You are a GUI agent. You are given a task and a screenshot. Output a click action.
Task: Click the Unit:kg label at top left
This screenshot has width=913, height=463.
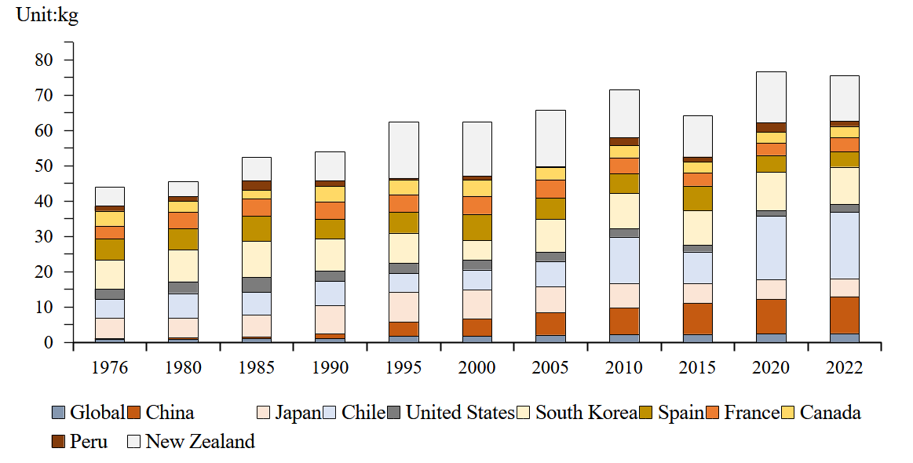tap(47, 16)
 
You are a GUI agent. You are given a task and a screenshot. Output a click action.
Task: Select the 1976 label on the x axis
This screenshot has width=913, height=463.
tap(109, 368)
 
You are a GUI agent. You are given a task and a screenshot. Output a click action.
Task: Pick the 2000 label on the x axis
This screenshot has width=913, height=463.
tap(477, 368)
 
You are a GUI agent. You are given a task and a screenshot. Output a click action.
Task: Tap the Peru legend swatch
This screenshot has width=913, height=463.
tap(58, 442)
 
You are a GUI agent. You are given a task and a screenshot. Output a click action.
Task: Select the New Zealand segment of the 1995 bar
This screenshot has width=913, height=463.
tap(404, 150)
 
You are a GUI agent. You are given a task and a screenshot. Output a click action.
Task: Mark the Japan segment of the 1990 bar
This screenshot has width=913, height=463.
tap(330, 319)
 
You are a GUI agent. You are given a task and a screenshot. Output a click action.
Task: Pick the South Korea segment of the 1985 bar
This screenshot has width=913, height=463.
tap(257, 259)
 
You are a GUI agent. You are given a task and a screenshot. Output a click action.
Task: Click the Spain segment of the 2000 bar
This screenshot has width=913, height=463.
tap(477, 227)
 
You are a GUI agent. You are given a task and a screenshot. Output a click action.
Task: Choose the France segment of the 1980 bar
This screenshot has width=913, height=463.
tap(183, 220)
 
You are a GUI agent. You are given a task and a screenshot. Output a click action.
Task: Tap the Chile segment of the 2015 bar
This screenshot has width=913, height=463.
tap(697, 268)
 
